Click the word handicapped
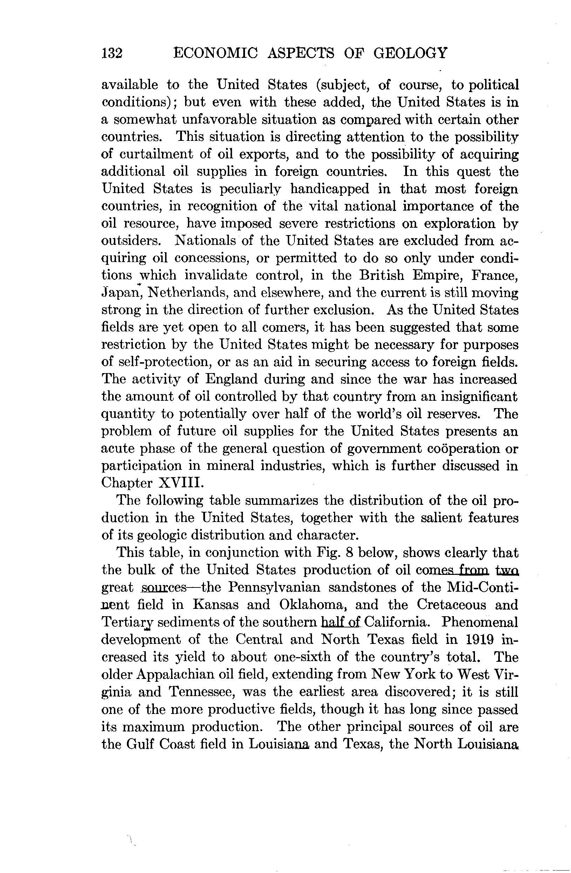(x=329, y=189)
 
